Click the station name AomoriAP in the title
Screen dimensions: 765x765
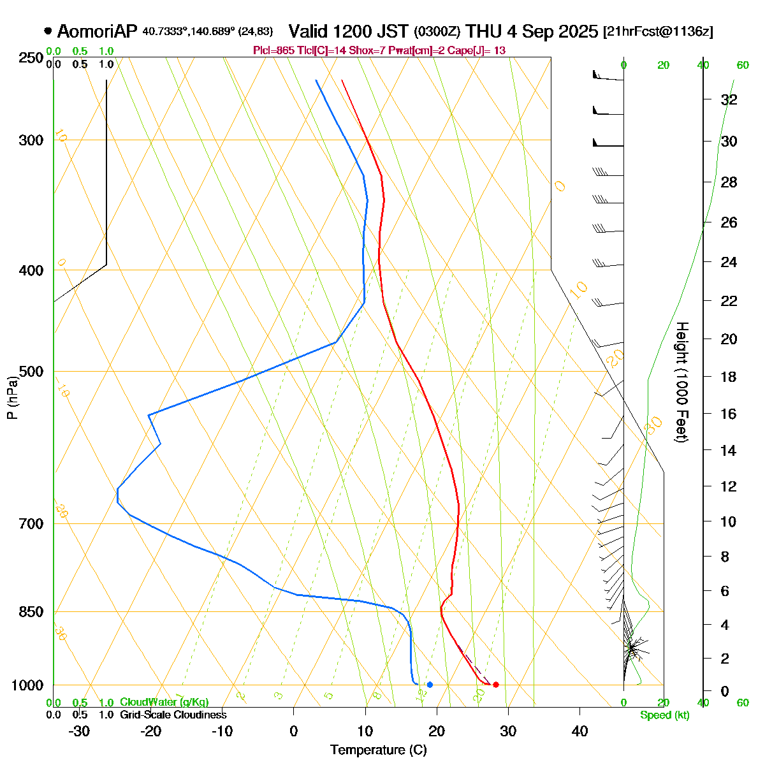(97, 31)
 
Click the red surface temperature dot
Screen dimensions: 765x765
(496, 685)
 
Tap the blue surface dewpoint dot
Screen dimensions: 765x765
(430, 685)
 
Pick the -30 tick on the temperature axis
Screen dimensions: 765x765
(78, 731)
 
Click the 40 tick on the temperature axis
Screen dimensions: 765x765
(579, 731)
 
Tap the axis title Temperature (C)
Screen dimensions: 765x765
(378, 750)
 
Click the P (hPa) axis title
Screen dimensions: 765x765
(11, 397)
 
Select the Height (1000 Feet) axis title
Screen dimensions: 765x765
(681, 382)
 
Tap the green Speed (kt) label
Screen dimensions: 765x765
(665, 715)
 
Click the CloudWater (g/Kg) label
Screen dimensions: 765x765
(164, 703)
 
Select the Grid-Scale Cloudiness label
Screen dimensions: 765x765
(173, 715)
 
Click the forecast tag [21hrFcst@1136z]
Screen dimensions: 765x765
(658, 32)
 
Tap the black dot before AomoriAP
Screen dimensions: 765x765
(48, 31)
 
